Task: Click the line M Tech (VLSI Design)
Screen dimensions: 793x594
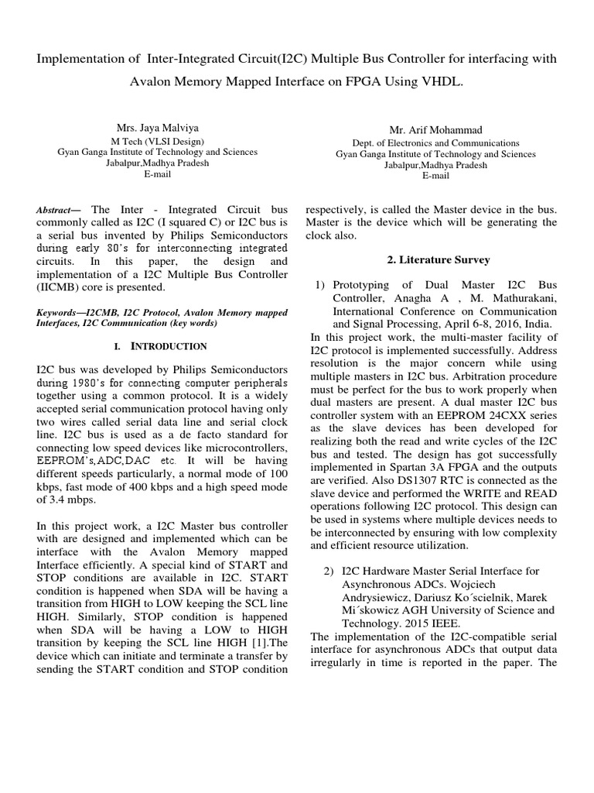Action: [158, 141]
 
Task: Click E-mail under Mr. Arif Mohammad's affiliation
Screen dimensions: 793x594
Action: [435, 176]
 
